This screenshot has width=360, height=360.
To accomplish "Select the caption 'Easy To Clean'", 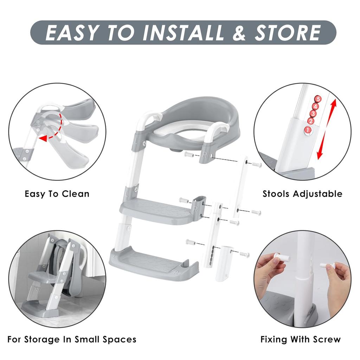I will [57, 194].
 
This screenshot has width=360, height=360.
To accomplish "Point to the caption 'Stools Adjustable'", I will [302, 194].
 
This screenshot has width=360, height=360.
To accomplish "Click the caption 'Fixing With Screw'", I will [301, 339].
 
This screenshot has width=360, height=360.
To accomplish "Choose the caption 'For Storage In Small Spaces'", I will [72, 340].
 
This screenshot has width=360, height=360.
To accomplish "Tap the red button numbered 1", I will [307, 130].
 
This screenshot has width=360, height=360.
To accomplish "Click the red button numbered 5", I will [318, 99].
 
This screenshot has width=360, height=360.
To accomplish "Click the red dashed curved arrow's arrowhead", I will [43, 139].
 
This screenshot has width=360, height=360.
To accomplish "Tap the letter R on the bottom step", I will [175, 272].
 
